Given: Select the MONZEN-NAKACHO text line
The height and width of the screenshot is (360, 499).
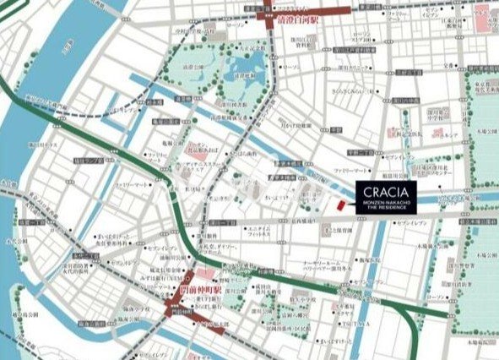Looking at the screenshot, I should (x=387, y=200).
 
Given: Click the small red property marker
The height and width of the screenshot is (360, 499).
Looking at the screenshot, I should (x=340, y=205).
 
